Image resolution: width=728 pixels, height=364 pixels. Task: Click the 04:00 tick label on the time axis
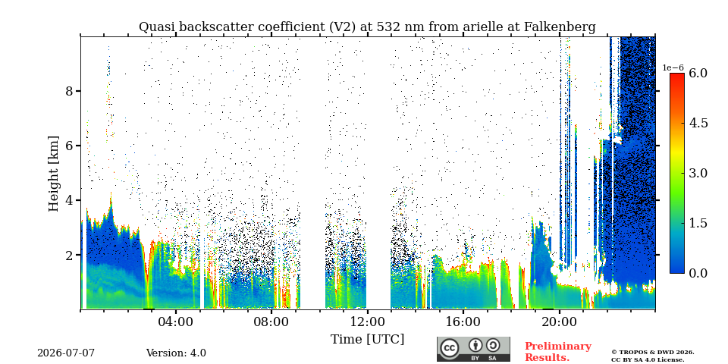[175, 322]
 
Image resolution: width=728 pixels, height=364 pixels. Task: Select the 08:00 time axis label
[271, 322]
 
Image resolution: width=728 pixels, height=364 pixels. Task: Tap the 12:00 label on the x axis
[367, 322]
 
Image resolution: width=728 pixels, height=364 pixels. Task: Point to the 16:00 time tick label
[463, 322]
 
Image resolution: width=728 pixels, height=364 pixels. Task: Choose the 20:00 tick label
[559, 322]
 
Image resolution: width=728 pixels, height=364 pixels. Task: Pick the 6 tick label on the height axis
[69, 146]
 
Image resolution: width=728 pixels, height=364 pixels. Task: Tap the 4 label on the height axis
[69, 200]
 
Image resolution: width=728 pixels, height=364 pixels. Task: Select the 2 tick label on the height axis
[69, 255]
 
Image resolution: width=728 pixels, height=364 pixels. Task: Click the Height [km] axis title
[54, 174]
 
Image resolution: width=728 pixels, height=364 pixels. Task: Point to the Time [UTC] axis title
[367, 339]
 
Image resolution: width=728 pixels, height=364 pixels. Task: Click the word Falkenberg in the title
[560, 27]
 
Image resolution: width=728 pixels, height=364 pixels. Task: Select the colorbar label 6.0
[698, 73]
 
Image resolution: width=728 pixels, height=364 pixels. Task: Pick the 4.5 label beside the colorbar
[698, 123]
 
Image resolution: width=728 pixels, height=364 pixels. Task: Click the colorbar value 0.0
[698, 273]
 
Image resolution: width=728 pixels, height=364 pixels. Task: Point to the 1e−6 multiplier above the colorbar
[673, 67]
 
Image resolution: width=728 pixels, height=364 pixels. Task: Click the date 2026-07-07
[66, 353]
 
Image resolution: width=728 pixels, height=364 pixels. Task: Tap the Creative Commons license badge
[473, 349]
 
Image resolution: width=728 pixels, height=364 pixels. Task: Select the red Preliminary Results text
[558, 351]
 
